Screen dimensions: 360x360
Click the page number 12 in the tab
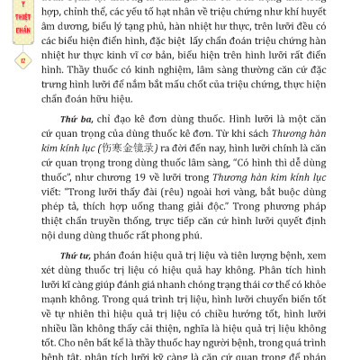pyautogui.click(x=21, y=59)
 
